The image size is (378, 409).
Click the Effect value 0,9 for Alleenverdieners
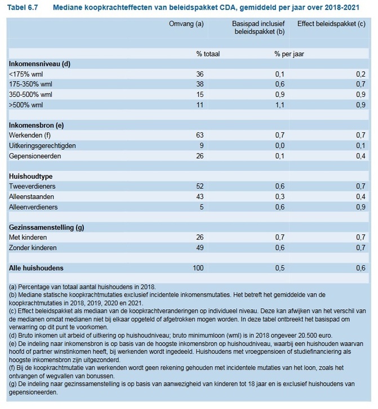tap(361, 207)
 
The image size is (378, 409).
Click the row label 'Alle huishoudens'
tap(36, 268)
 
